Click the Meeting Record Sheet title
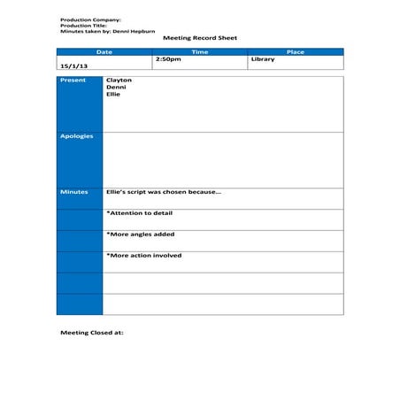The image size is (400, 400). pyautogui.click(x=199, y=38)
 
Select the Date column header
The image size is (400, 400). pyautogui.click(x=104, y=52)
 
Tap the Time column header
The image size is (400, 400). pyautogui.click(x=200, y=52)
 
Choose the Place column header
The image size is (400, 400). pyautogui.click(x=296, y=52)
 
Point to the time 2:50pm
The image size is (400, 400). pyautogui.click(x=168, y=59)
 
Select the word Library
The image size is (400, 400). pyautogui.click(x=263, y=59)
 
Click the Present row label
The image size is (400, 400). pyautogui.click(x=73, y=81)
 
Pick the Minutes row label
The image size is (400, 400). pyautogui.click(x=74, y=192)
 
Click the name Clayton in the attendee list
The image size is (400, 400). pyautogui.click(x=119, y=81)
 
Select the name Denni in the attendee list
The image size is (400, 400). pyautogui.click(x=116, y=88)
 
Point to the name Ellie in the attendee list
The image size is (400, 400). pyautogui.click(x=113, y=95)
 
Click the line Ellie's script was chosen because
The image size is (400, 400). pyautogui.click(x=164, y=192)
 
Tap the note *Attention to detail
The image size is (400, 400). pyautogui.click(x=139, y=213)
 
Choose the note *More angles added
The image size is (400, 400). pyautogui.click(x=140, y=235)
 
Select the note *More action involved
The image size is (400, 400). pyautogui.click(x=143, y=256)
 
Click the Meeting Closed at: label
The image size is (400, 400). pyautogui.click(x=92, y=333)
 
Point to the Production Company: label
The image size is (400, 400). pyautogui.click(x=90, y=19)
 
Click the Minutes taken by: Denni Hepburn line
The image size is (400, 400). pyautogui.click(x=107, y=30)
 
